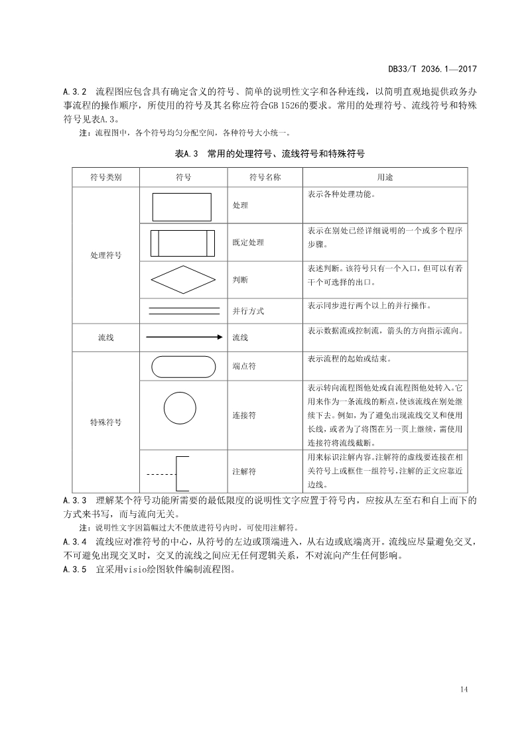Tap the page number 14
(464, 690)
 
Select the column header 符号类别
(105, 178)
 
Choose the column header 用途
(385, 178)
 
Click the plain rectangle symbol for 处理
(182, 206)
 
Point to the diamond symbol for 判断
(184, 280)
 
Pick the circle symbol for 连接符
(179, 407)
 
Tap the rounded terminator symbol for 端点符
(184, 366)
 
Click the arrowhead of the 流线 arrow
(220, 338)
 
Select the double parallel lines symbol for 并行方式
(184, 310)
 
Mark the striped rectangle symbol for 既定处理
(183, 243)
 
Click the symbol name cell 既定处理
(248, 243)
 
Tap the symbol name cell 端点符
(244, 366)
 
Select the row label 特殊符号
(105, 422)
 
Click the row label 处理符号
(105, 255)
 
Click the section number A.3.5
(75, 569)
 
